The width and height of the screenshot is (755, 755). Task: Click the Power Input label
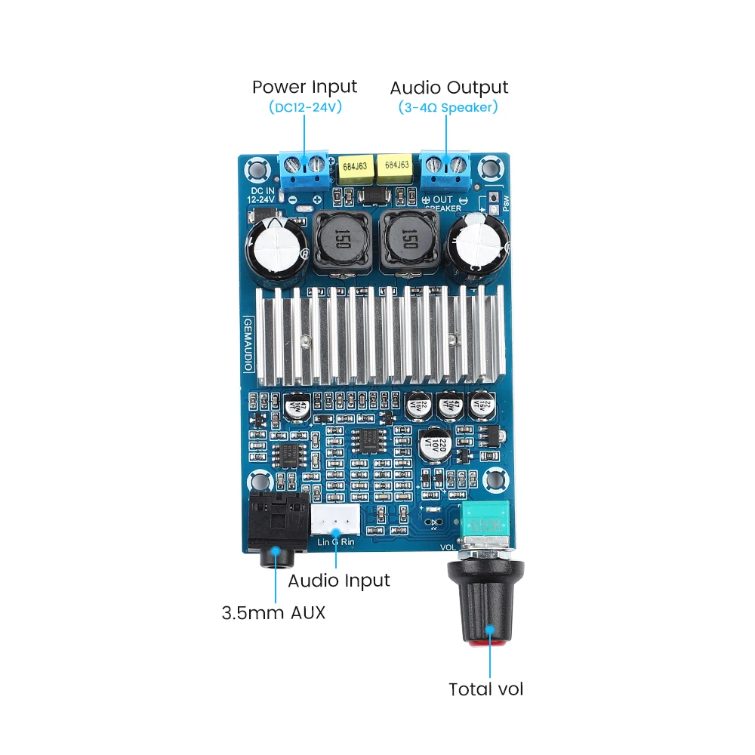coord(304,87)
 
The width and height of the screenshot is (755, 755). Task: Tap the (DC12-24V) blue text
coord(305,107)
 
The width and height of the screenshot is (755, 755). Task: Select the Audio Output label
coord(448,87)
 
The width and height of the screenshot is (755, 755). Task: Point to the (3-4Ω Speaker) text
coord(448,107)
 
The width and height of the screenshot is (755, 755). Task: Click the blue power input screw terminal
coord(305,168)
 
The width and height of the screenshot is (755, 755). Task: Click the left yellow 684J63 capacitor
coord(355,171)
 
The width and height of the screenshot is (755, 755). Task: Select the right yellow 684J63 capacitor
coord(396,171)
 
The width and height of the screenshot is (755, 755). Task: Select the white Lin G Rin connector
coord(335,521)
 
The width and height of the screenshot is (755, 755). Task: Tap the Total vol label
coord(485,689)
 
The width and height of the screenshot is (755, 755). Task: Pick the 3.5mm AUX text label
coord(273,612)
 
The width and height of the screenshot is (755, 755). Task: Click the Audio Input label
coord(339,581)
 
